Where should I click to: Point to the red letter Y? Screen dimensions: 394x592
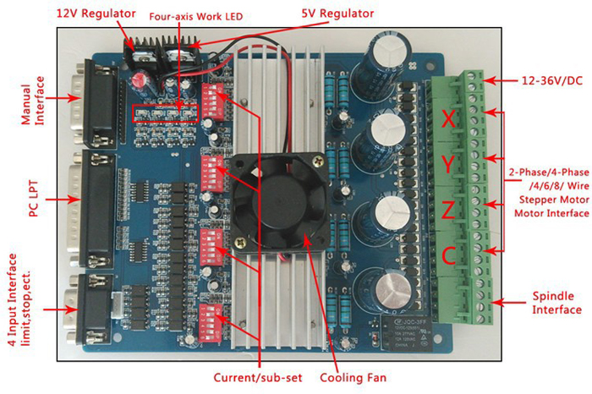[x=452, y=165]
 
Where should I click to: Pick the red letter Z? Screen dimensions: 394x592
[x=452, y=209]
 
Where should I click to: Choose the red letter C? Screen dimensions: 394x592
[x=452, y=253]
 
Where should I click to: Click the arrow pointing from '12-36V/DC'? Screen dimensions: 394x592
[x=502, y=82]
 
